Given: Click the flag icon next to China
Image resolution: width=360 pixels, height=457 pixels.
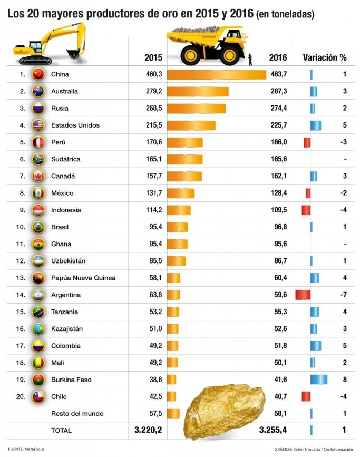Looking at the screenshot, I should [38, 74].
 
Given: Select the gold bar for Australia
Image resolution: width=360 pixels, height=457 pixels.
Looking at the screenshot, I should [198, 92].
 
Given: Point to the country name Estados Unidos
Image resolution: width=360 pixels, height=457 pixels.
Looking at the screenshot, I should [75, 125].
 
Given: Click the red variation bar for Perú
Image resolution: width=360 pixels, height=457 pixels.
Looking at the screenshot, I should [307, 142].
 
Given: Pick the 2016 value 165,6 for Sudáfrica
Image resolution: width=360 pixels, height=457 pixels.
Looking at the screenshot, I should [277, 159].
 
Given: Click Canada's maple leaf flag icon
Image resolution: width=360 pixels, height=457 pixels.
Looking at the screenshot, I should [38, 176].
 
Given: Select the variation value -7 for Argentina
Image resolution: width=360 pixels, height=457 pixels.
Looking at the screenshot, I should [343, 295].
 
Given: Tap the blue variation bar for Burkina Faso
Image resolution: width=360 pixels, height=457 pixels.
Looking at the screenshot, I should [318, 380].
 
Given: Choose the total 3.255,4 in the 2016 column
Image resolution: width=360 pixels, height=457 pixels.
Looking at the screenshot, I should [273, 431].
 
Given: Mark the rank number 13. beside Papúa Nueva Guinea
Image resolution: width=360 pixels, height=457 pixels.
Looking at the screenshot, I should [21, 278].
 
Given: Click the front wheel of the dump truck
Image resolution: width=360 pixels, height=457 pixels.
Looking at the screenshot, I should [191, 55].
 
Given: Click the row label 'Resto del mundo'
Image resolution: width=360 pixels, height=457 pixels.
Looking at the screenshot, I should [76, 413].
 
